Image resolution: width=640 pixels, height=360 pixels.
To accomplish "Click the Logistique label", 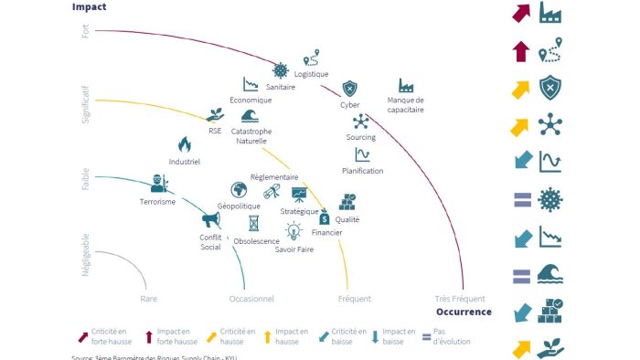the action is (312, 74).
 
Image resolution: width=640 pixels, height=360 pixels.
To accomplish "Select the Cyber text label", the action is (350, 105).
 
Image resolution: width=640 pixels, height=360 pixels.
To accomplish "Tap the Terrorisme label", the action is (157, 202).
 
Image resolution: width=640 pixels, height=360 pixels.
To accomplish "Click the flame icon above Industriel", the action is (184, 144).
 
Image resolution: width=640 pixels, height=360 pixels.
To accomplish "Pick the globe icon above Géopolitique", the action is (239, 190).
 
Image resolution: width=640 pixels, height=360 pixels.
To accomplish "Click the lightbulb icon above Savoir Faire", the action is (293, 231).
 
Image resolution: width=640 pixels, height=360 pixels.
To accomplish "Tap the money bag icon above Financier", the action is (325, 218).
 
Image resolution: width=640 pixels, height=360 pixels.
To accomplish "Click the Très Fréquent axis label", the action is (461, 299).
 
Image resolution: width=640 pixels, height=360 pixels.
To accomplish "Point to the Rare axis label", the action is (149, 299).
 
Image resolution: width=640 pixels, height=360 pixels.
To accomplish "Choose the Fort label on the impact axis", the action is (86, 31).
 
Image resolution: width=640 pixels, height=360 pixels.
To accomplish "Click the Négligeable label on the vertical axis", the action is (86, 255).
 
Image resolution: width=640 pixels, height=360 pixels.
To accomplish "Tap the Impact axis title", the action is (89, 6).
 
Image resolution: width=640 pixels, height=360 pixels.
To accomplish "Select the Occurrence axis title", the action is (464, 312).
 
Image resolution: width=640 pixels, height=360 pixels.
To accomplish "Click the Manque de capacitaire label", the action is (406, 105).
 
